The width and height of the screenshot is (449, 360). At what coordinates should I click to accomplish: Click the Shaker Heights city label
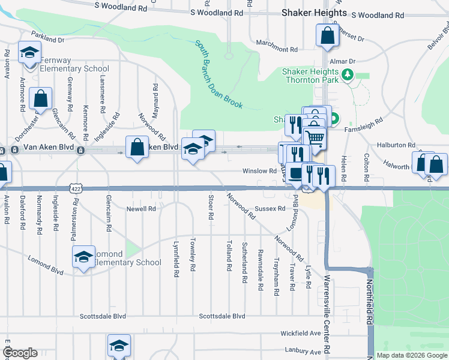315,13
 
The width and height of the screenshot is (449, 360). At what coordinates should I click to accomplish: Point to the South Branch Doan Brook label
218,74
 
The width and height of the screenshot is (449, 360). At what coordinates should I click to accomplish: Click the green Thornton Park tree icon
347,75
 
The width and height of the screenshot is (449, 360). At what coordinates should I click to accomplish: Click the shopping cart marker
315,138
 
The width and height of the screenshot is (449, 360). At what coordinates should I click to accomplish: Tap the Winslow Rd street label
259,171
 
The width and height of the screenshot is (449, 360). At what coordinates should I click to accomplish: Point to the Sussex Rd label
270,209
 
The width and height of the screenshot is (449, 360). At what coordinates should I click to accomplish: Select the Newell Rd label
140,209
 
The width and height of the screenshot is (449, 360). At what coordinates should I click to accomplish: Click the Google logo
19,353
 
